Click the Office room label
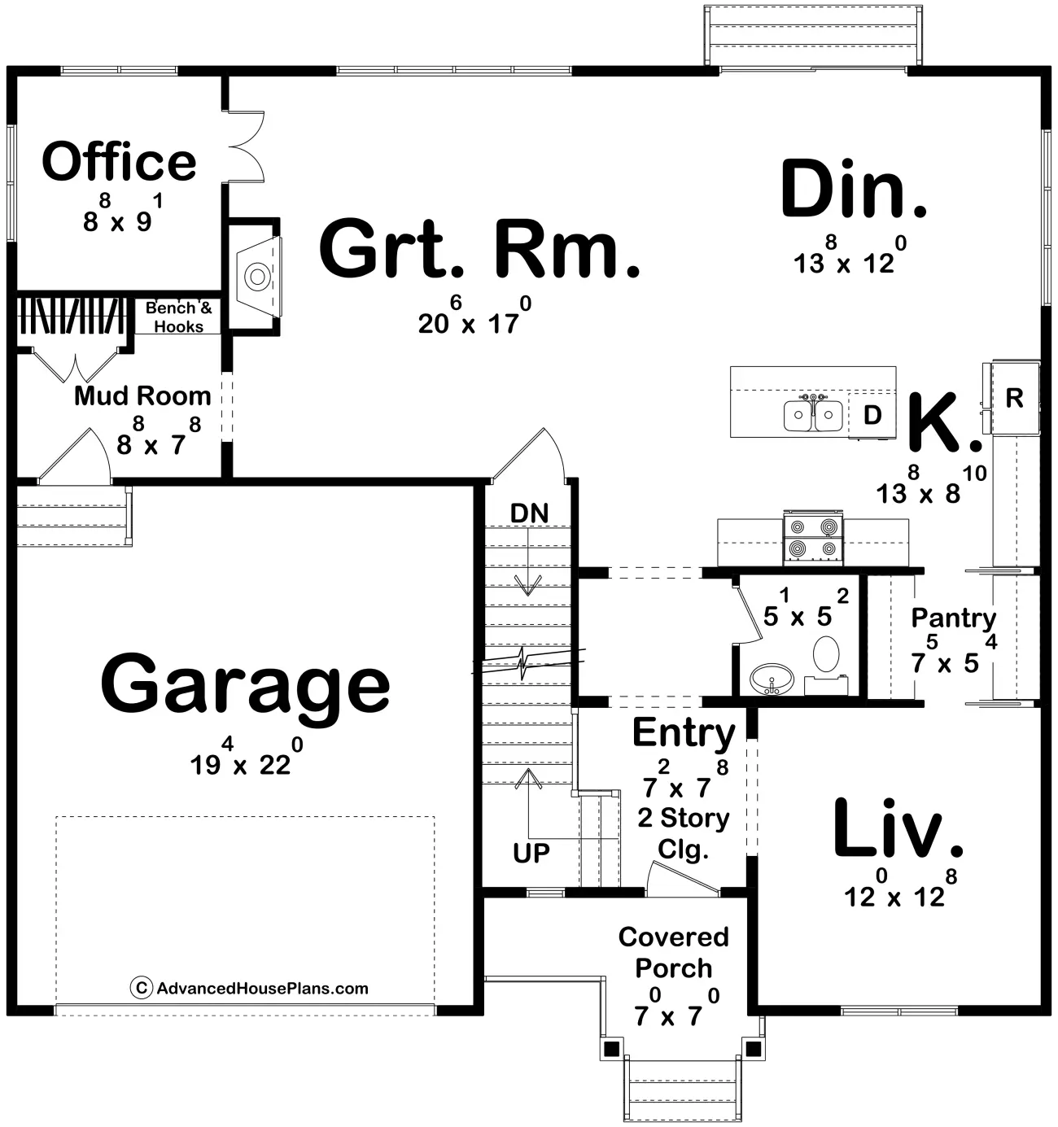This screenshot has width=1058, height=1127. (119, 162)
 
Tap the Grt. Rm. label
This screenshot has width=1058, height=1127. (480, 251)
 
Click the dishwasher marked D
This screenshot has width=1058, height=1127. (872, 415)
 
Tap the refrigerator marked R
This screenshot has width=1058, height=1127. (1014, 398)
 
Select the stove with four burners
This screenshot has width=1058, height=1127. (813, 537)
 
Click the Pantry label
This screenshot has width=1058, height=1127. (954, 618)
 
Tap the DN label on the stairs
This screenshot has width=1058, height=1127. (530, 513)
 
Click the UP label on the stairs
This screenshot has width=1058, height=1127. (531, 853)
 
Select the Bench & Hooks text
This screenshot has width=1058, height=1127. (179, 317)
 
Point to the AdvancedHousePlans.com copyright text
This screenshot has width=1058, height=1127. (250, 989)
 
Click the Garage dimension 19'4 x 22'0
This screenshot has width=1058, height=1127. (247, 757)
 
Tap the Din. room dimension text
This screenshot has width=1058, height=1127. (850, 256)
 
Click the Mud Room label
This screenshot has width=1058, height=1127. (142, 396)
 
